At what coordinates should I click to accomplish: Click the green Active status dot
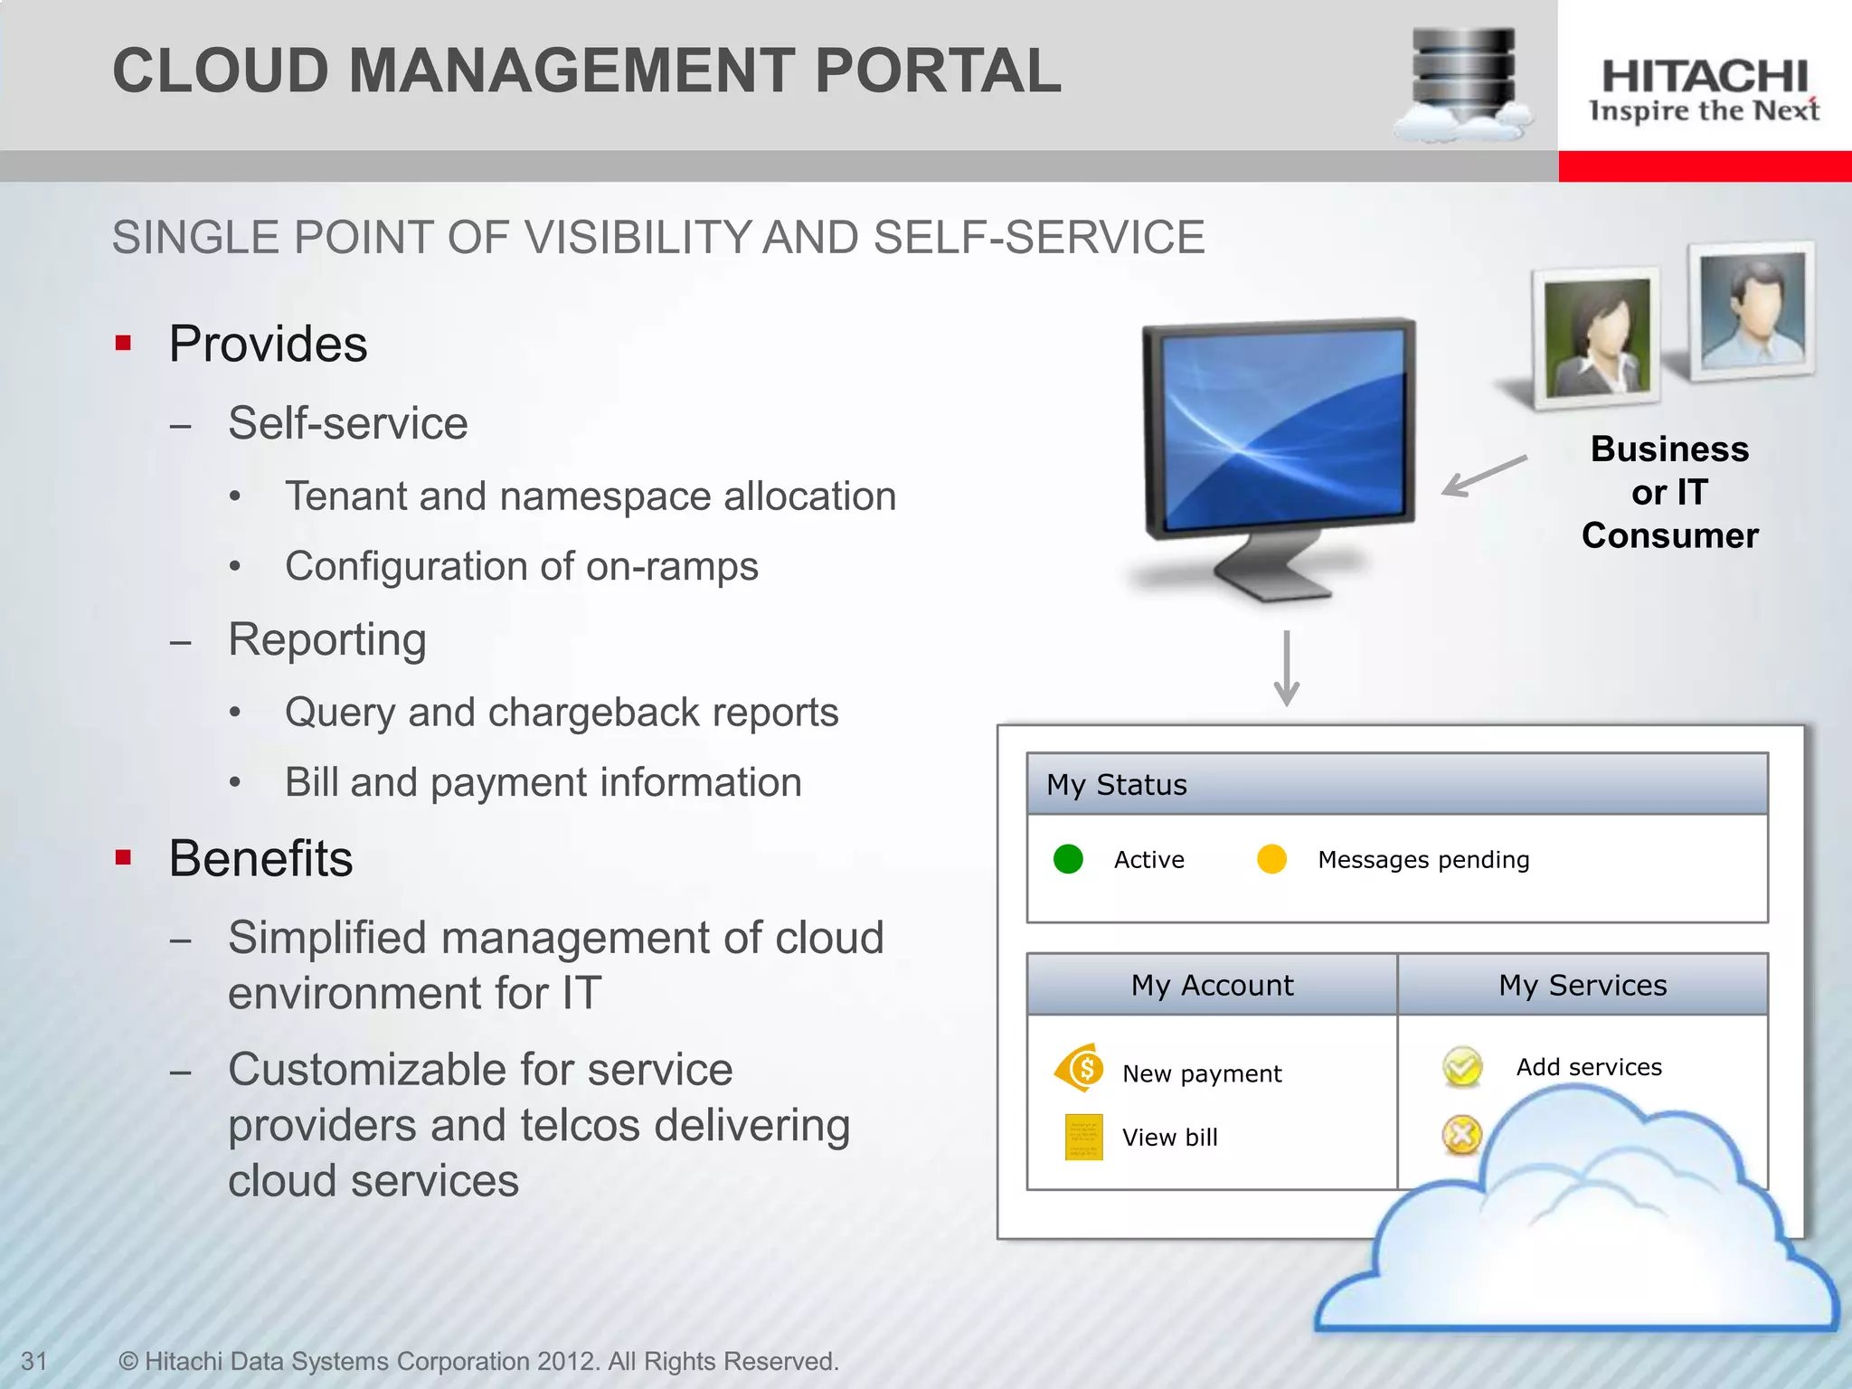pos(1068,859)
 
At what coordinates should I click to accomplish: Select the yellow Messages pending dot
pos(1271,859)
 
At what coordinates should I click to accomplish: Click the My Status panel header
pos(1396,784)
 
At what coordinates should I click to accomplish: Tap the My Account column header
pos(1212,985)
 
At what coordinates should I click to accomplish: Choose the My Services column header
pos(1582,985)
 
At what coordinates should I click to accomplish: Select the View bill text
pos(1169,1138)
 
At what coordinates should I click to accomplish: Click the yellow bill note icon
pos(1083,1137)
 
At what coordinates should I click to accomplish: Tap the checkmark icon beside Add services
pos(1462,1067)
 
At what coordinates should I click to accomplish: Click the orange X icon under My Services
pos(1460,1135)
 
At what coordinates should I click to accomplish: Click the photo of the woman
pos(1597,337)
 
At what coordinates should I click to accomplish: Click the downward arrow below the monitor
pos(1286,669)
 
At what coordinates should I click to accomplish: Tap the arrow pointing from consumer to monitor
pos(1483,476)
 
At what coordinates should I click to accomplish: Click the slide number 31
pos(34,1361)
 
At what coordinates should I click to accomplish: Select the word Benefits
pos(260,858)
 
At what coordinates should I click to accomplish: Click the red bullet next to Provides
pos(124,344)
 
